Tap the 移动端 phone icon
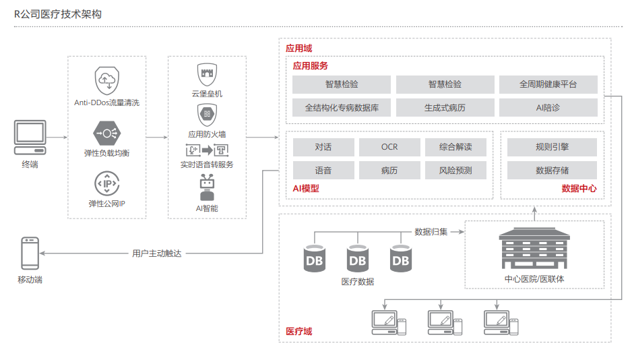click(x=30, y=253)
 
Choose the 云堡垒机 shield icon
click(x=207, y=73)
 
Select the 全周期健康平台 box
click(x=548, y=84)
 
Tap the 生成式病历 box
click(x=445, y=107)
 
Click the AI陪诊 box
click(x=548, y=107)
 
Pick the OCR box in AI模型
click(x=389, y=147)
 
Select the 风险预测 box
click(x=455, y=170)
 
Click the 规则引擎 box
click(x=552, y=147)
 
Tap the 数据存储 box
click(x=552, y=170)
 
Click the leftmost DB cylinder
click(x=315, y=260)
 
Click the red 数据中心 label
click(x=579, y=189)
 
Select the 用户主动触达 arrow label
click(x=157, y=253)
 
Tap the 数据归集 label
click(x=431, y=232)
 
